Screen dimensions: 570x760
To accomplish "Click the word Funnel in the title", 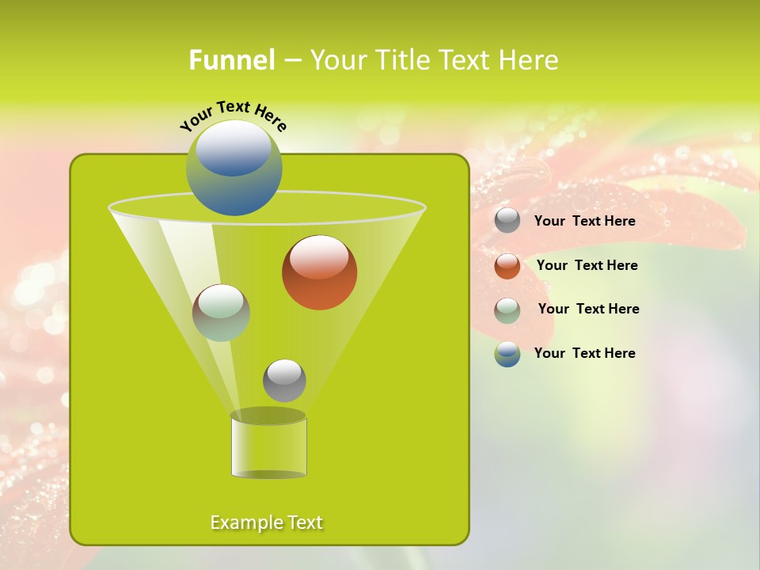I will point(231,60).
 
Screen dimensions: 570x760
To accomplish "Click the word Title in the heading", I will point(401,60).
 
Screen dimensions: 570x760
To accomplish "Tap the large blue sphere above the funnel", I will point(234,168).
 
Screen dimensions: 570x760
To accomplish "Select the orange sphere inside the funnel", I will point(319,272).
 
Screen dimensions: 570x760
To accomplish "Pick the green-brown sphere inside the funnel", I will point(221,313).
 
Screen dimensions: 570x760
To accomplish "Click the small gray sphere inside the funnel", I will point(284,380).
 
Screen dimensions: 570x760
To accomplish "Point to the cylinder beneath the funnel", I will point(268,447).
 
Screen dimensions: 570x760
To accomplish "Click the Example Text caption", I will point(266,522).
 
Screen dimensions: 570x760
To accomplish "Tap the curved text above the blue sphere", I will point(233,115).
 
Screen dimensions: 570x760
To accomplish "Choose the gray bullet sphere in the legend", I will point(507,221).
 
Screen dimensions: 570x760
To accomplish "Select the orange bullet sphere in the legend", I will point(507,265).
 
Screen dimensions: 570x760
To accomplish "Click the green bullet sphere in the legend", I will point(507,310).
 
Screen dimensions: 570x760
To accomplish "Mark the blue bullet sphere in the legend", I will point(507,354).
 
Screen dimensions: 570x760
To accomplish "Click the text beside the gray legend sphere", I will point(584,222).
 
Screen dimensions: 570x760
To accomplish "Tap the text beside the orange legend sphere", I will point(587,266).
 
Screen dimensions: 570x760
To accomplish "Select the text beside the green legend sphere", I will point(588,310).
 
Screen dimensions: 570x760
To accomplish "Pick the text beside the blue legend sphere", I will point(584,354).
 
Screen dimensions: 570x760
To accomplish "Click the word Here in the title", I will point(530,60).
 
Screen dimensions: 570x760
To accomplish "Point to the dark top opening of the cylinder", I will point(268,416).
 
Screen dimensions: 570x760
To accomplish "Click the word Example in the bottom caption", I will point(245,522).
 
